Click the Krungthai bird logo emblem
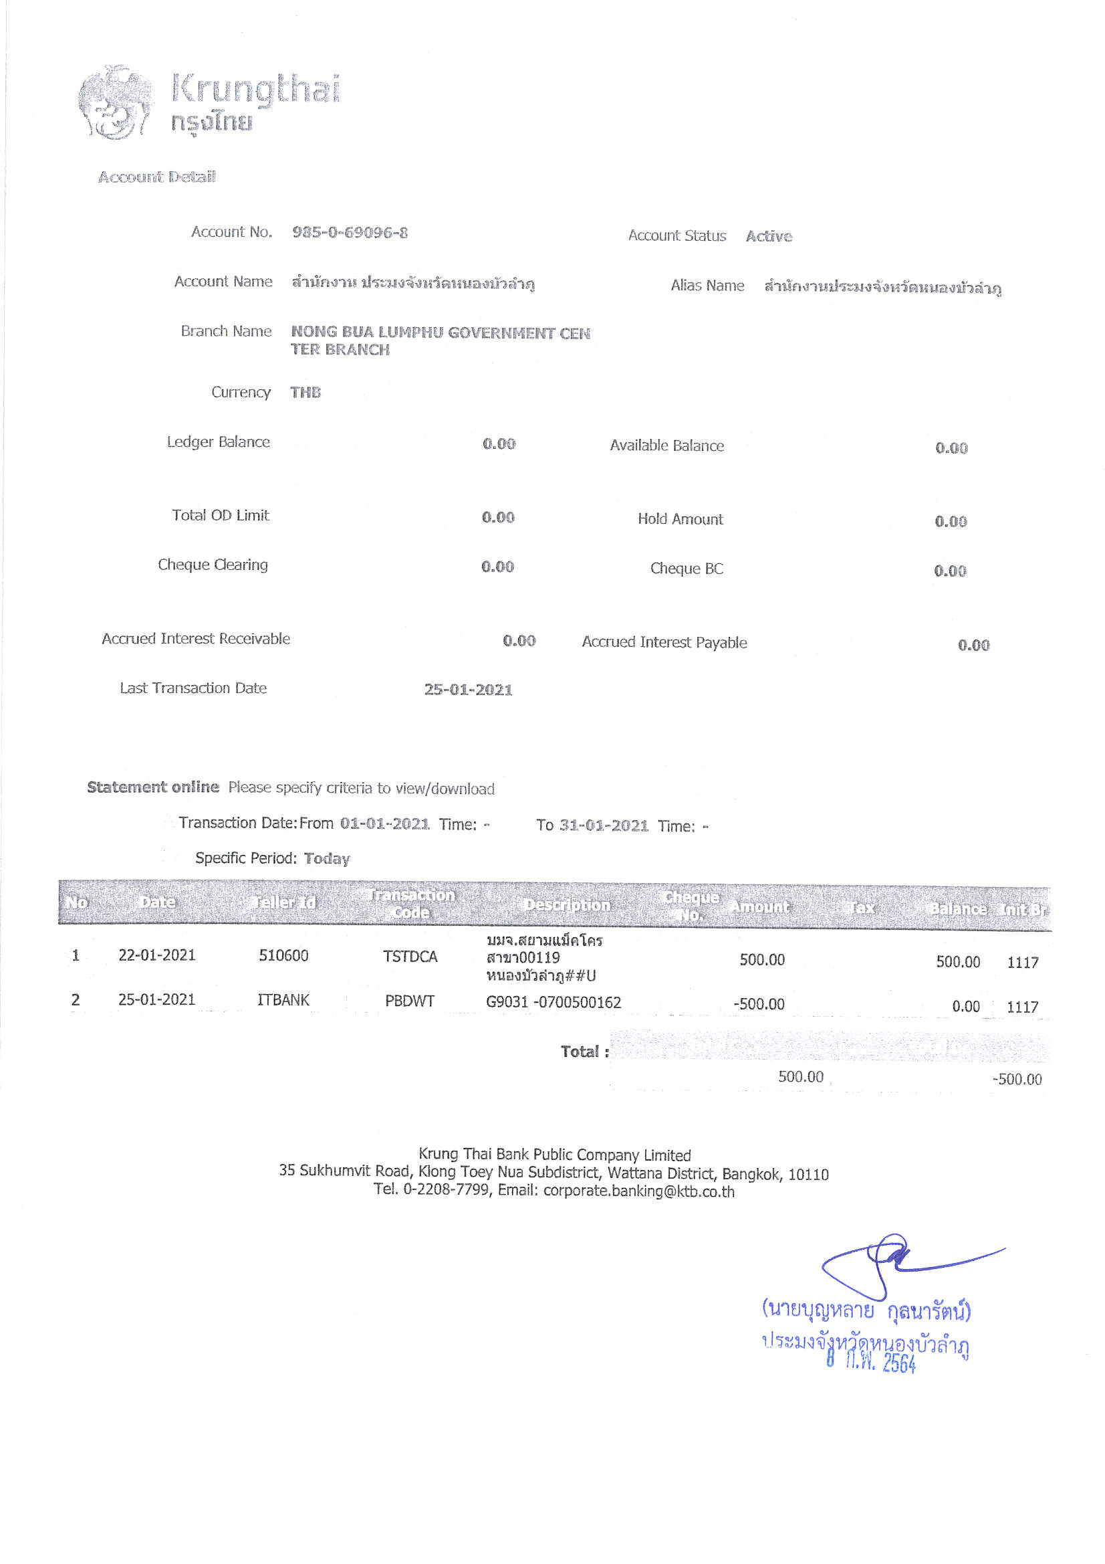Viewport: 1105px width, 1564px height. pos(114,103)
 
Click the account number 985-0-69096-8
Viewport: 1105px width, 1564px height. pos(350,232)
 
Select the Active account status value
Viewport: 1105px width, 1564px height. pos(769,236)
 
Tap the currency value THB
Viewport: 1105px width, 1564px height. pos(305,393)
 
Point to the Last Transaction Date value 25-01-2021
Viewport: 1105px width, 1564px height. pos(468,690)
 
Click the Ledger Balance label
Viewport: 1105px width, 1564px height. pos(218,442)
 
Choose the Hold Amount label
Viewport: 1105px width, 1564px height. pos(679,519)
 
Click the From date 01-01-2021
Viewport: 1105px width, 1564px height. pos(384,823)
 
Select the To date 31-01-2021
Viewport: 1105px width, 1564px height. pos(603,825)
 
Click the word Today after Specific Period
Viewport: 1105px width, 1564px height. pos(327,858)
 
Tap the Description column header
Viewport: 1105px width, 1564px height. pos(567,905)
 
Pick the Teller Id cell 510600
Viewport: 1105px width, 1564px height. pos(283,956)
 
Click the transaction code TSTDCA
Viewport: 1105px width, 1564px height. pos(410,957)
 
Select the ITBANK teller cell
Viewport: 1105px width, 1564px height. pos(283,1000)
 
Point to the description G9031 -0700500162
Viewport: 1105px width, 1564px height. pos(554,1003)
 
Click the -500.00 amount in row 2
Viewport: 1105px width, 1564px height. pos(759,1004)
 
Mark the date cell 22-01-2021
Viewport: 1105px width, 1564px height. pos(156,955)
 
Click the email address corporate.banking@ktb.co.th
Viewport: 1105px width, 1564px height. pos(638,1191)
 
